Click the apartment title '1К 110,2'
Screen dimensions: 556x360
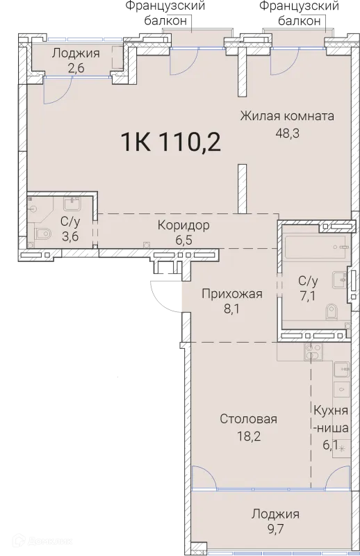pos(170,142)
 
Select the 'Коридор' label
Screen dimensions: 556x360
pos(183,225)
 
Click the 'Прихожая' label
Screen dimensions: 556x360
pos(231,293)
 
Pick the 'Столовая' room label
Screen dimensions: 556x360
pos(248,418)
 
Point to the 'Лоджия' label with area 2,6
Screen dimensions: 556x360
pos(76,53)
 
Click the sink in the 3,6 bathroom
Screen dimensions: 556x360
pos(72,204)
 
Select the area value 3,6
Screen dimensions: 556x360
pos(69,236)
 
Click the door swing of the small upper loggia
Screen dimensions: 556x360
pos(56,88)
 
